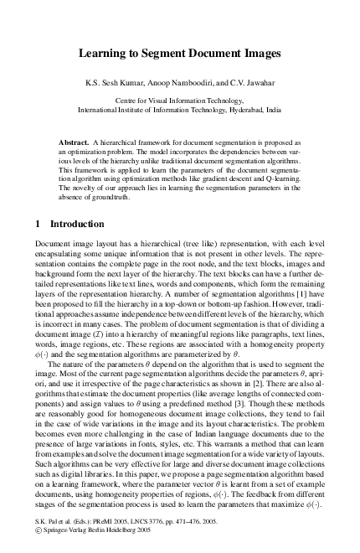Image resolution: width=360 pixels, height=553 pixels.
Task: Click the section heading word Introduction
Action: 77,225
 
